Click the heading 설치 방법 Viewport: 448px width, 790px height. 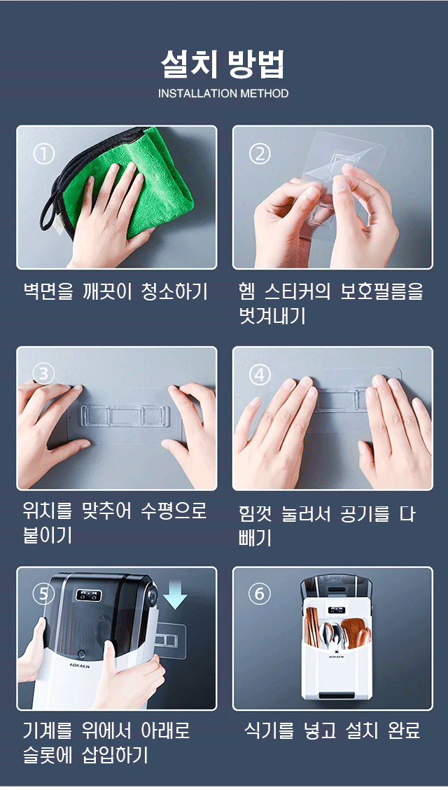[x=223, y=64]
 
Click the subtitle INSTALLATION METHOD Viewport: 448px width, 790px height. [x=223, y=94]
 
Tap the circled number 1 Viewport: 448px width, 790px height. [x=44, y=153]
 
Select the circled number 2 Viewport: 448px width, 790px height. [x=260, y=153]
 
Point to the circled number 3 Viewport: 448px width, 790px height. [x=43, y=373]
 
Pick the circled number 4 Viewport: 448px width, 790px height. [x=260, y=375]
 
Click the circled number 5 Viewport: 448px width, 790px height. [x=44, y=594]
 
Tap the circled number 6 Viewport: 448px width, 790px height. [x=260, y=594]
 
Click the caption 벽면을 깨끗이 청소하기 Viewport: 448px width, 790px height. [x=115, y=291]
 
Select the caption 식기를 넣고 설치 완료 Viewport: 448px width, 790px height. [x=332, y=730]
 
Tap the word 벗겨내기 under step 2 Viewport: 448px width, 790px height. [x=272, y=315]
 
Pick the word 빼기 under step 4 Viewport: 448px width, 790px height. [x=255, y=538]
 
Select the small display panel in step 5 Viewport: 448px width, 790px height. [x=89, y=595]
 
